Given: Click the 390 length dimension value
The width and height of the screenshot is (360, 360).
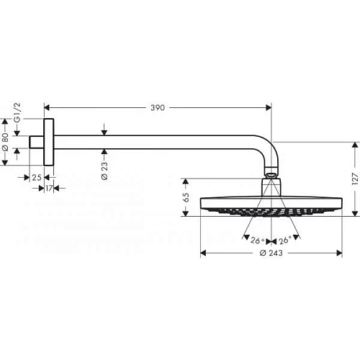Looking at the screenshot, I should (x=158, y=108).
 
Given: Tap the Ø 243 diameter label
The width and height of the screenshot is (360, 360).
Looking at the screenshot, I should (x=271, y=253).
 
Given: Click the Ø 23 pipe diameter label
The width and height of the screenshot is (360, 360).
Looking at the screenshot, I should (x=105, y=171).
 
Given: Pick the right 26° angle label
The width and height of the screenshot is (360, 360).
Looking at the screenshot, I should (x=284, y=240).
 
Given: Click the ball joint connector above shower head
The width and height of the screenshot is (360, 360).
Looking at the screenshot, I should (x=271, y=174).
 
